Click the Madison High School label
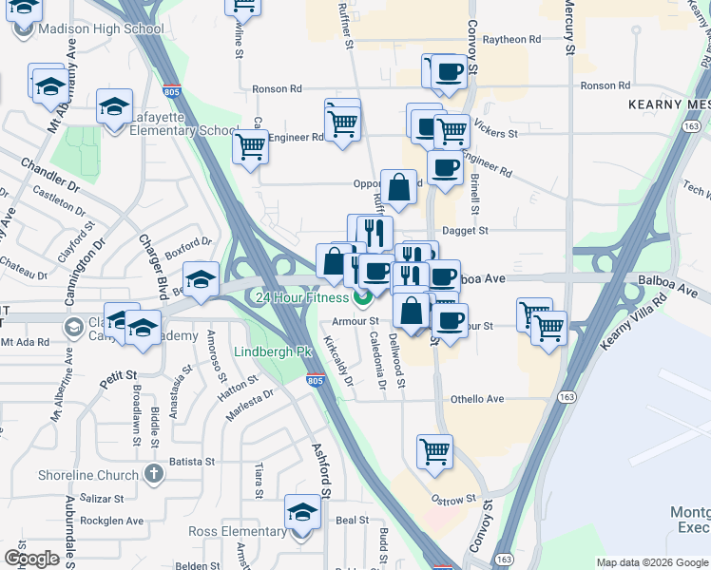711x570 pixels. pos(101,29)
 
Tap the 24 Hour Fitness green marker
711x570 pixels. pos(362,298)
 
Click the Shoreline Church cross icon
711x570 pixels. pos(155,475)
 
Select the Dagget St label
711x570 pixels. pos(464,231)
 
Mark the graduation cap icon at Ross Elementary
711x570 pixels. pos(302,512)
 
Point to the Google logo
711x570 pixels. pos(31,559)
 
